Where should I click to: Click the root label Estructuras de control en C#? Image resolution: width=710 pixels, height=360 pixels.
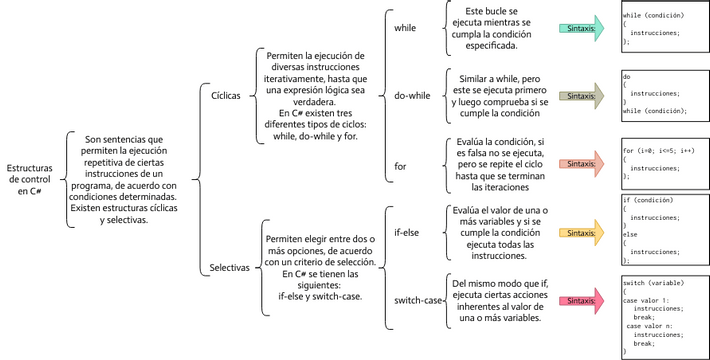tap(30, 180)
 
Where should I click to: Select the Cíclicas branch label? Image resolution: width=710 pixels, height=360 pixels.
tap(226, 98)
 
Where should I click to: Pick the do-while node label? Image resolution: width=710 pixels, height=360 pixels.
tap(412, 96)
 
